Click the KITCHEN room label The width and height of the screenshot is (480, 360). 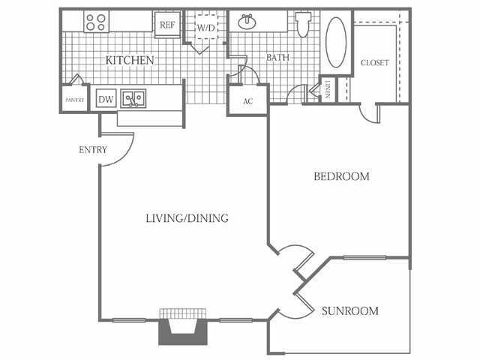pos(130,60)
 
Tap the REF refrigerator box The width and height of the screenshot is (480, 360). pos(166,24)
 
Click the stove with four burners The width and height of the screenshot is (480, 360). pos(95,22)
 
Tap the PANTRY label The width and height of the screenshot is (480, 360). pos(73,99)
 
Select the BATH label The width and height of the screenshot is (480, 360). pos(278,57)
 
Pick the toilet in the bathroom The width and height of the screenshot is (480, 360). pos(303,23)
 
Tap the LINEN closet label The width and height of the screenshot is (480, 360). pos(328,89)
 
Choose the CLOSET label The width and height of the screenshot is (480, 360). pos(374,63)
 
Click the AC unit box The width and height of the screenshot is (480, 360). pos(247,102)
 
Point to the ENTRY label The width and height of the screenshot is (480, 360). pos(93,150)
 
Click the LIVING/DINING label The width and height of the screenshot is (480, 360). pos(187,218)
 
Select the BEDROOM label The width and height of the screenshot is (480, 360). pos(341,177)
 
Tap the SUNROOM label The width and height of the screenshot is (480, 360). pos(349,310)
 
